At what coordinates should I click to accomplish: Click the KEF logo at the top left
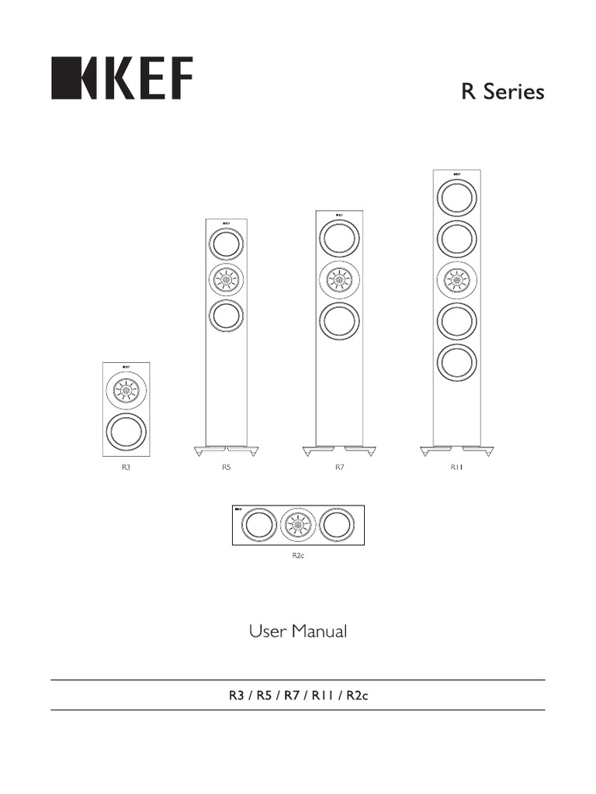point(122,78)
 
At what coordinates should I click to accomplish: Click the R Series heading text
point(503,92)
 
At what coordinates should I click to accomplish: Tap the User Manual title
point(298,632)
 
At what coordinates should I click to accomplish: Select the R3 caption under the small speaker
point(124,468)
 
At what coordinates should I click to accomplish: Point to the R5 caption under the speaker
point(227,468)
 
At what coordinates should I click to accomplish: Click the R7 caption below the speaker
point(339,468)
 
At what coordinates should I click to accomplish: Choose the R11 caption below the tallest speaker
point(456,468)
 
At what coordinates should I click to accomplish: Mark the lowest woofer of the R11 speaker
point(456,362)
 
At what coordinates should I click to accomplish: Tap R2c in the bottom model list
point(358,695)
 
